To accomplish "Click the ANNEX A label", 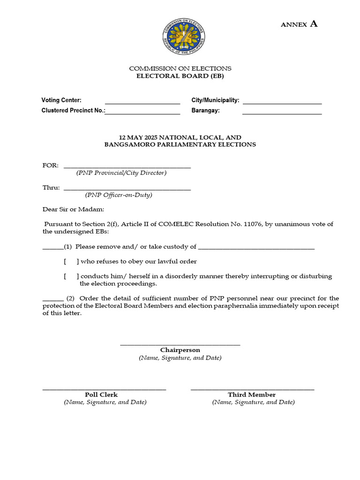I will coord(299,24).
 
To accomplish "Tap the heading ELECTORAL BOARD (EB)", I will coord(180,76).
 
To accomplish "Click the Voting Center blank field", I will coord(142,103).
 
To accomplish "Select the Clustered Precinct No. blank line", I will coord(142,113).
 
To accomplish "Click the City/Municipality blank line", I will coord(282,103).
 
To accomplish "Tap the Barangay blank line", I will coord(282,113).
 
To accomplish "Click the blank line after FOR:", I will coord(127,167).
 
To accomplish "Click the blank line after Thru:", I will coord(127,189).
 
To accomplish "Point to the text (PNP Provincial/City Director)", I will coord(121,173).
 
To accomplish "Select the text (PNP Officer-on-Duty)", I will coord(119,195).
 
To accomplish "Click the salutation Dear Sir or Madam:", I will coord(74,209).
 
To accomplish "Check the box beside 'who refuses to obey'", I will coord(71,262).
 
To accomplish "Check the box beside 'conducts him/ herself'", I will coord(71,276).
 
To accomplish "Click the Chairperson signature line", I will coord(180,345).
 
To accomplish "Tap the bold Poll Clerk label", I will coord(101,395).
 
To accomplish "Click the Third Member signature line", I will coord(252,389).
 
